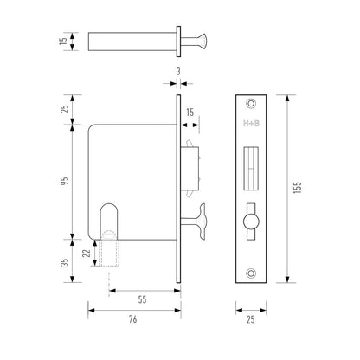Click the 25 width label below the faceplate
click(251, 319)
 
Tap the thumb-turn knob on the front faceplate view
click(251, 222)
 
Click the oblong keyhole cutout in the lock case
click(109, 220)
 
